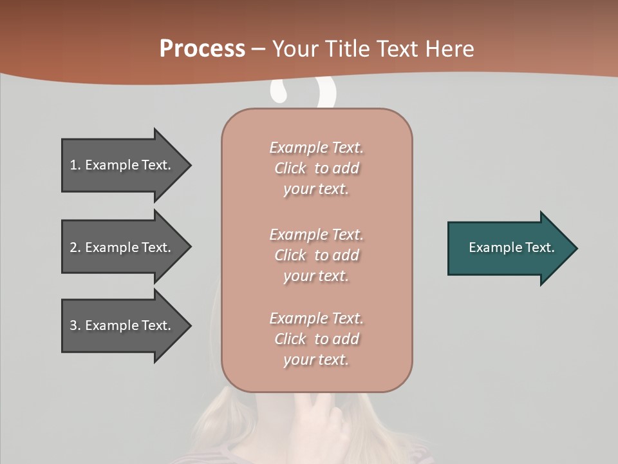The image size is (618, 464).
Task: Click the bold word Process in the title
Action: coord(202,49)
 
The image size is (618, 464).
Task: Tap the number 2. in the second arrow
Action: coord(75,247)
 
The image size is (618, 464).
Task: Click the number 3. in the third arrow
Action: coord(75,325)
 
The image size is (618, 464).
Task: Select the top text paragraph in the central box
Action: coord(316,168)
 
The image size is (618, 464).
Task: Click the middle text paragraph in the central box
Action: coord(316,255)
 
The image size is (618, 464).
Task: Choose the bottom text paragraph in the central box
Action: coord(316,339)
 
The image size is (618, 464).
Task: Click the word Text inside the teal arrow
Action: coord(540,247)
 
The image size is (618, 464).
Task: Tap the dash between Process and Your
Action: coord(258,49)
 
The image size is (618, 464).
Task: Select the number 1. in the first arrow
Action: coord(75,165)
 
